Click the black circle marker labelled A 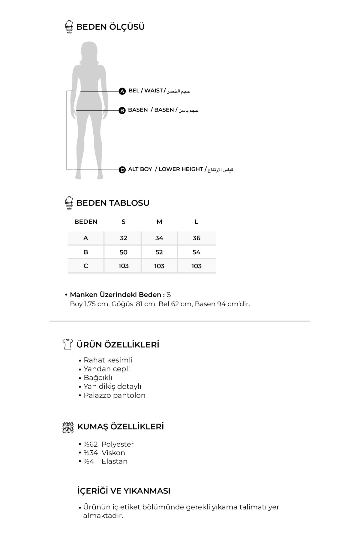click(x=122, y=91)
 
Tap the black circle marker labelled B click(x=122, y=110)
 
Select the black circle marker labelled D click(x=122, y=170)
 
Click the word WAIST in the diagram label click(x=153, y=91)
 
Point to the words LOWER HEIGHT click(x=181, y=169)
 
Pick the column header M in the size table click(x=159, y=222)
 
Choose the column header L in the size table click(x=196, y=222)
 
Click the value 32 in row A click(x=123, y=238)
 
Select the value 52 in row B click(x=159, y=252)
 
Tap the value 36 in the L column click(x=196, y=238)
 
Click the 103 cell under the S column click(x=123, y=266)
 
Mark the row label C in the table click(x=86, y=266)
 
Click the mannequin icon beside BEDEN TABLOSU click(x=69, y=203)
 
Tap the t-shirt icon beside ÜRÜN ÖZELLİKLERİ click(x=68, y=344)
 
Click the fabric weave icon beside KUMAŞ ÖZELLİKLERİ click(x=68, y=427)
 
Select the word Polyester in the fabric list click(x=117, y=444)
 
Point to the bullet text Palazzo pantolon click(x=114, y=395)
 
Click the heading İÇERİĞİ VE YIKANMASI click(x=124, y=491)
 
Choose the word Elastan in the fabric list click(x=114, y=461)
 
